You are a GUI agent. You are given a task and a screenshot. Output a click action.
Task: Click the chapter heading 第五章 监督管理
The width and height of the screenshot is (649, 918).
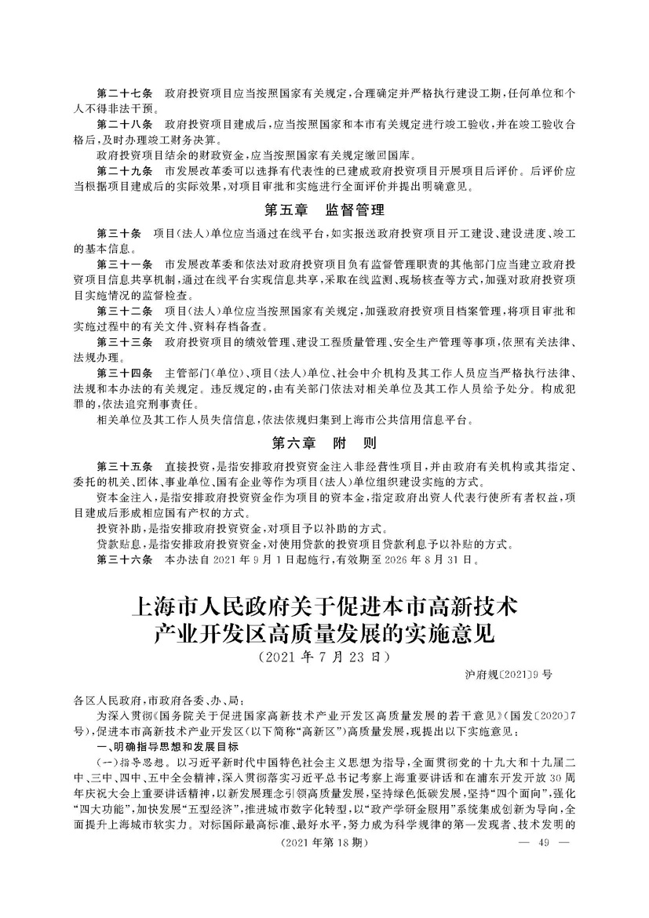(x=324, y=209)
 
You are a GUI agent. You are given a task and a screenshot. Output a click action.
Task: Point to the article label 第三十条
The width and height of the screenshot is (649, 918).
(x=118, y=234)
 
